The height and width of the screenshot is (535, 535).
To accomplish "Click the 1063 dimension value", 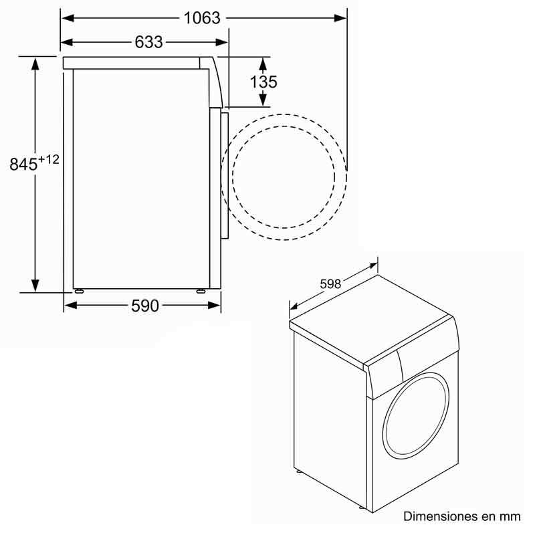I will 202,17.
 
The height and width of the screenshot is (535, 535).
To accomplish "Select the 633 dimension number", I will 148,42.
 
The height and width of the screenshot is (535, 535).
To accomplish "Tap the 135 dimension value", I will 263,82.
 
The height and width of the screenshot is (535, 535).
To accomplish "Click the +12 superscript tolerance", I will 48,159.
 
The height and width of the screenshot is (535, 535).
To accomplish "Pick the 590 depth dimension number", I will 144,306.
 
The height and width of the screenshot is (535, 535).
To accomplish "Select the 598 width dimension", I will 330,284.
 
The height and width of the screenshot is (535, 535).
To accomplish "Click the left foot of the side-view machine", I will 80,291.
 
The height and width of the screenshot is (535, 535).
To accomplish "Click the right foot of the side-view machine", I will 200,291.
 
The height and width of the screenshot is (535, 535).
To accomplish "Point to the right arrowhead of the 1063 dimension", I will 342,18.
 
